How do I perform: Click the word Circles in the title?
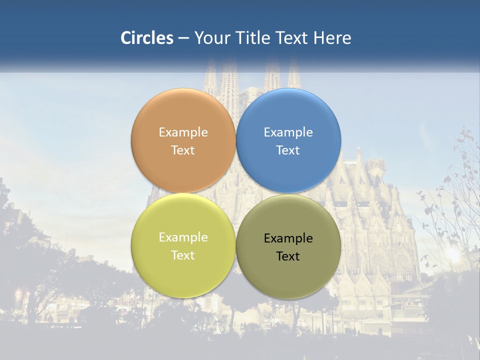pos(147,38)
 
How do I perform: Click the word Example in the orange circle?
pos(183,132)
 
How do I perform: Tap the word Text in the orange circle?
pos(183,150)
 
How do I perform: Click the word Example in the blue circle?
pos(288,132)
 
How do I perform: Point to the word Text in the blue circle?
pos(288,150)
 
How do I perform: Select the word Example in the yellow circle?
pos(183,237)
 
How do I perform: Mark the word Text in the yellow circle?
pos(183,255)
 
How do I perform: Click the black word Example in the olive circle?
pos(288,238)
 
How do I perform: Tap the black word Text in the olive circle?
pos(288,256)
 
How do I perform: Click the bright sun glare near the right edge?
pos(452,254)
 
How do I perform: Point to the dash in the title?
pos(183,38)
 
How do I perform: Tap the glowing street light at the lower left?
pos(18,293)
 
